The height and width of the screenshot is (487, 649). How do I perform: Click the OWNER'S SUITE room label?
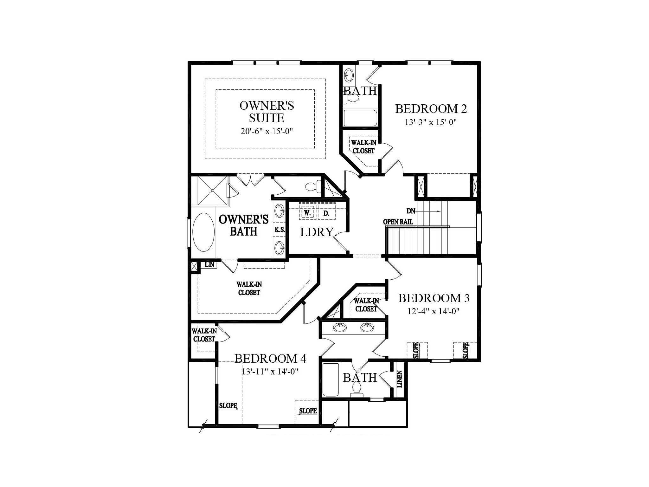(267, 112)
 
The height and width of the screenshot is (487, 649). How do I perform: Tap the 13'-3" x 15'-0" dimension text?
(430, 122)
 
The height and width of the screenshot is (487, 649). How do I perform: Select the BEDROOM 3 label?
(434, 298)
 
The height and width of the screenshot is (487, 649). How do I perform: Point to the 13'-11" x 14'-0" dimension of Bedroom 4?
(270, 372)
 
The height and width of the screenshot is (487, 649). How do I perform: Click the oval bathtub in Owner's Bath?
(203, 232)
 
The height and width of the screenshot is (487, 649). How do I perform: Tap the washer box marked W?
(307, 213)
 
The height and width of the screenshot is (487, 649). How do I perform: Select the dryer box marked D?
(326, 213)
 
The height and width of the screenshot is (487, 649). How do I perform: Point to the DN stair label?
(411, 211)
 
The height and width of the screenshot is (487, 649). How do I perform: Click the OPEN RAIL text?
(398, 222)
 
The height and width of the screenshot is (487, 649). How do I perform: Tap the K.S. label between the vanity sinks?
(280, 230)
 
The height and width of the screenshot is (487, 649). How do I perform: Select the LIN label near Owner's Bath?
(209, 264)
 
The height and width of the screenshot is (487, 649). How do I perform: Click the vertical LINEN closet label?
(400, 379)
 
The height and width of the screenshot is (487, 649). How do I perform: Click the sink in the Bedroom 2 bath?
(349, 75)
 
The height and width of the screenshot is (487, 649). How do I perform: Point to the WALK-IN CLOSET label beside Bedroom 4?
(204, 335)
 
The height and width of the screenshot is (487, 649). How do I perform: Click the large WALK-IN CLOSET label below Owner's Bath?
(249, 289)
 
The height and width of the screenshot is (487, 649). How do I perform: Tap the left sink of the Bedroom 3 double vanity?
(340, 328)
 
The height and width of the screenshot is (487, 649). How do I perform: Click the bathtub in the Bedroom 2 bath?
(360, 118)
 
